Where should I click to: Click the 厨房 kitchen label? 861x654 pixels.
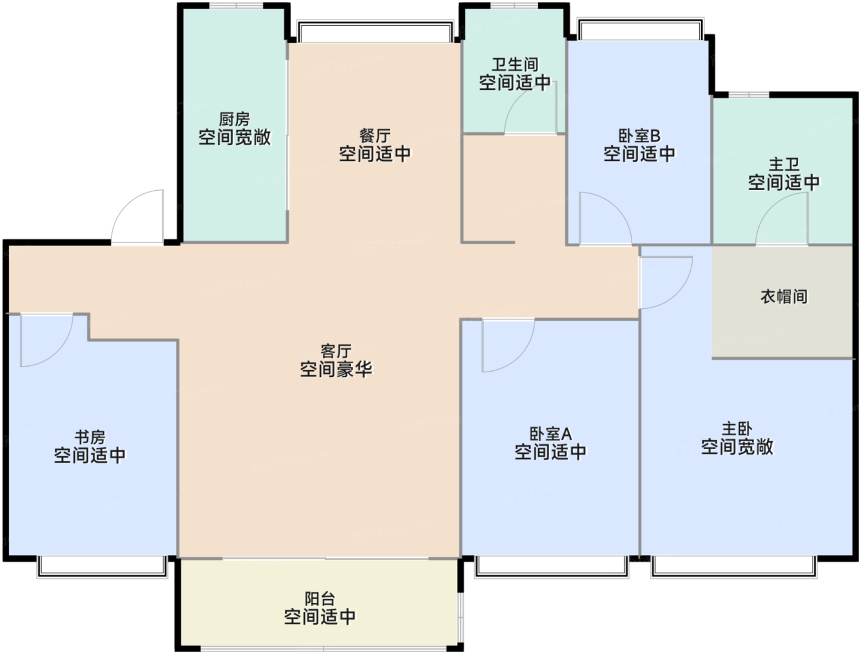[x=234, y=119]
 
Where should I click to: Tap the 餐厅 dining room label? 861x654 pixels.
[x=375, y=136]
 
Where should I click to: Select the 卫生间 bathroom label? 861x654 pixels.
[x=515, y=65]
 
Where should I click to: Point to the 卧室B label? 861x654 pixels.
[x=640, y=136]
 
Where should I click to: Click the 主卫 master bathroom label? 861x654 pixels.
[x=784, y=164]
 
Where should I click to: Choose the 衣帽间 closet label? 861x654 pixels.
[x=784, y=297]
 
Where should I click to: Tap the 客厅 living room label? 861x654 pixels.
[x=336, y=351]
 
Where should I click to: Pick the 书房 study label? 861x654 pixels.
[x=90, y=437]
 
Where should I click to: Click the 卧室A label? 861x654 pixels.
[x=550, y=434]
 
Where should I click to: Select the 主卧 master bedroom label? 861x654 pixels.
[x=737, y=429]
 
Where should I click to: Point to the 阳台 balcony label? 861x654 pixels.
[x=320, y=599]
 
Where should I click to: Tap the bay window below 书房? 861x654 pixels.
[x=102, y=567]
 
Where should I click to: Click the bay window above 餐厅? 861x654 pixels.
[x=375, y=31]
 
